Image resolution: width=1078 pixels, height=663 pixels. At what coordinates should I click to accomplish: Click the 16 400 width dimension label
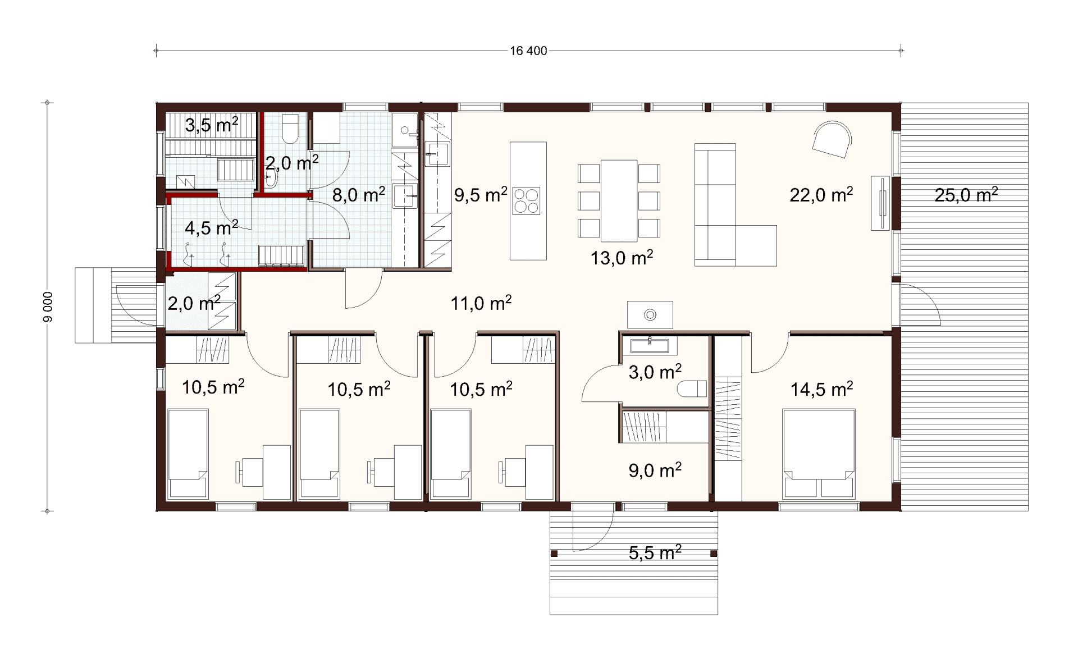(x=528, y=51)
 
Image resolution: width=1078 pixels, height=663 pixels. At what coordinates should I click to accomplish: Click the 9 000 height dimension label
(x=48, y=307)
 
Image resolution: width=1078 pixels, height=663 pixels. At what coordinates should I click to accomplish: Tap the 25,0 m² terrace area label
(x=966, y=195)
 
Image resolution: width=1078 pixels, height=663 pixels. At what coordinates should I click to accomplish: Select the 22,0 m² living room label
(x=821, y=195)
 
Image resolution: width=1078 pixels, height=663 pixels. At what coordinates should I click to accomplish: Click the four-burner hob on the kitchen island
(x=526, y=201)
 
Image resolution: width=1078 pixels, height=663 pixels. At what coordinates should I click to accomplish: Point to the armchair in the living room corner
(x=832, y=140)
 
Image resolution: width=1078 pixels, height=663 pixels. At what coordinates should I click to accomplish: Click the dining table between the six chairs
(x=619, y=200)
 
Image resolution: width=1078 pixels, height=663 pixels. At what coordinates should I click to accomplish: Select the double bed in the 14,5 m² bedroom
(x=819, y=454)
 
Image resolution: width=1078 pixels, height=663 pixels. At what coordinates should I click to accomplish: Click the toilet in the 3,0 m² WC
(x=692, y=388)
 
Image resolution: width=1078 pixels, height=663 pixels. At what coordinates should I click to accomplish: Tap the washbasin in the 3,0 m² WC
(x=650, y=345)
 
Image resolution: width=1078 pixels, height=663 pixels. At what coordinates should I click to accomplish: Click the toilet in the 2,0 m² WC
(x=290, y=129)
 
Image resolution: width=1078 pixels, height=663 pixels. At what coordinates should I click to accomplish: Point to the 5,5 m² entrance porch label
(x=655, y=552)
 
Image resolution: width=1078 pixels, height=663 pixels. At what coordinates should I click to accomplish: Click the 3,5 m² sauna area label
(x=212, y=125)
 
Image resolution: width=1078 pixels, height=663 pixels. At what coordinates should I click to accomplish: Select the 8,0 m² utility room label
(x=359, y=195)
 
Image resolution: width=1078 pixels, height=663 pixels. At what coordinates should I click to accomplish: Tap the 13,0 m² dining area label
(x=622, y=258)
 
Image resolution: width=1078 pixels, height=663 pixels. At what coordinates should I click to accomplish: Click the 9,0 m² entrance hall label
(x=655, y=470)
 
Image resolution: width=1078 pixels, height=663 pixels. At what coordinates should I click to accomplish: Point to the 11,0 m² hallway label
(x=481, y=303)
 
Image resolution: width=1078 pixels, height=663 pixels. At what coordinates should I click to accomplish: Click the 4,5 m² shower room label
(x=212, y=228)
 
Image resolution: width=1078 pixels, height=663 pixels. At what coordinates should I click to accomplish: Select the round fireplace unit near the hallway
(x=650, y=314)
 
